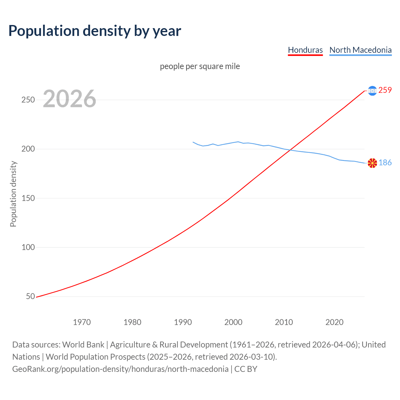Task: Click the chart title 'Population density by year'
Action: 95,31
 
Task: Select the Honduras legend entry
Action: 305,50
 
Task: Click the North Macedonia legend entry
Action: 360,50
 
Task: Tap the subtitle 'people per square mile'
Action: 200,67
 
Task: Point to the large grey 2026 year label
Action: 69,99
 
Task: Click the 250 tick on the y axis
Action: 28,100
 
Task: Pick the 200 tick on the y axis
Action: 28,149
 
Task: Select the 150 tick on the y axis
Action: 28,198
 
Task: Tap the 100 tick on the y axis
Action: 28,247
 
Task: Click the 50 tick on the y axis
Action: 30,297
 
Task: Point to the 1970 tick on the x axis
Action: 82,322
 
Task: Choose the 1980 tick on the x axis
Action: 132,322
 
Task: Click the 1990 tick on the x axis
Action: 183,322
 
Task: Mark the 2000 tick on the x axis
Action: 233,322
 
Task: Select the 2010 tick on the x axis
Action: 284,322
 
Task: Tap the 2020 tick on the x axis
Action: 334,322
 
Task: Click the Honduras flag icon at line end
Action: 372,91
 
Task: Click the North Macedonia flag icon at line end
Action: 372,163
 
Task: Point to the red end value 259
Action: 385,90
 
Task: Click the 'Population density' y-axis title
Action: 13,194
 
